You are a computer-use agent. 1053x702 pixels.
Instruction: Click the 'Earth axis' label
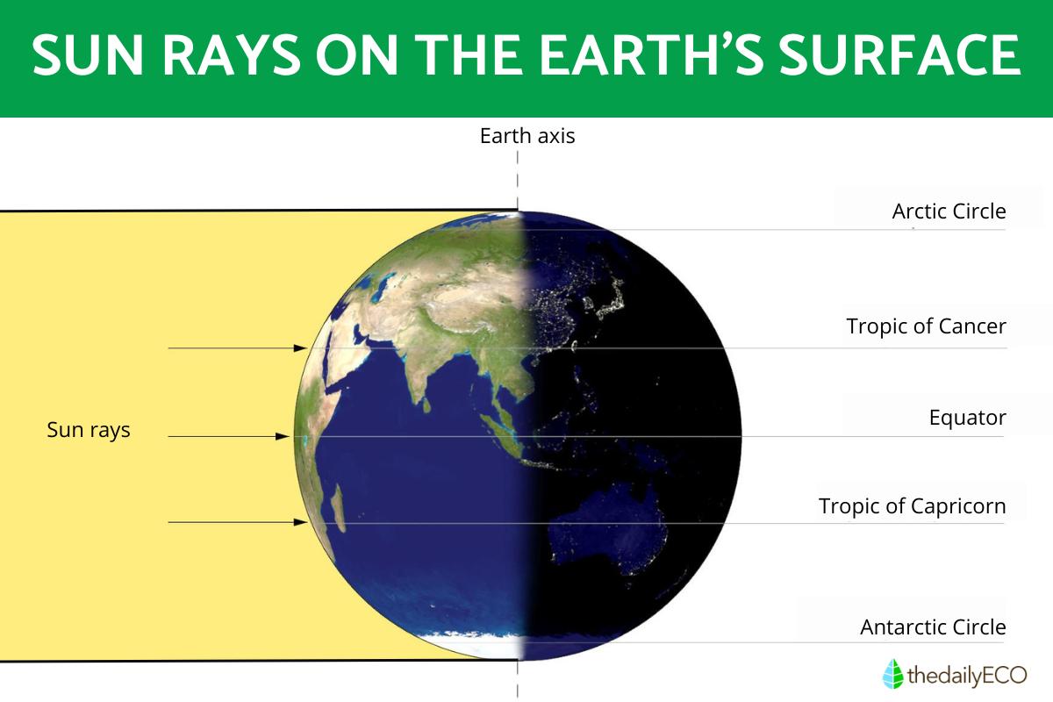tap(526, 136)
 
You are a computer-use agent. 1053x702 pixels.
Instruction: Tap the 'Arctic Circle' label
tap(949, 211)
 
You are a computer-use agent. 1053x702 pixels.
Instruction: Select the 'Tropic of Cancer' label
tap(926, 326)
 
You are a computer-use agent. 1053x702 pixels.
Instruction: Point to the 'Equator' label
tap(967, 418)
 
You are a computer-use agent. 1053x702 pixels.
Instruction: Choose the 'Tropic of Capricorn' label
tap(912, 506)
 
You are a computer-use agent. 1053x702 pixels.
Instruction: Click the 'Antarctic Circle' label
tap(933, 627)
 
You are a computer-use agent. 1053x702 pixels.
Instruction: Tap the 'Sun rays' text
tap(88, 431)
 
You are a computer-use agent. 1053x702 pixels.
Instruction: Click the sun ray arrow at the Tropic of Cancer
tap(237, 348)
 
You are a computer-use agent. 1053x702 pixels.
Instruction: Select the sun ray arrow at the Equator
tap(228, 436)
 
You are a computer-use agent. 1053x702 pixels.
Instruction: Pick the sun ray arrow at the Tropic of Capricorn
tap(237, 522)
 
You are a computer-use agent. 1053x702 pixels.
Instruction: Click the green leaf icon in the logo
tap(892, 674)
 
